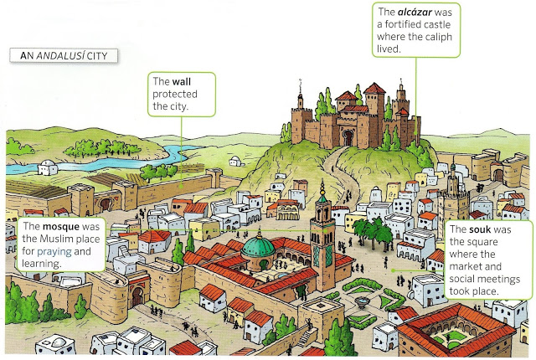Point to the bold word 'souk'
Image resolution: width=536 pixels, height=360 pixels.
486,229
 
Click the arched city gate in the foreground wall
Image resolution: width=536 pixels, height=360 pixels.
137,297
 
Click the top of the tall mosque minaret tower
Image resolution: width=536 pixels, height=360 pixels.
322,186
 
